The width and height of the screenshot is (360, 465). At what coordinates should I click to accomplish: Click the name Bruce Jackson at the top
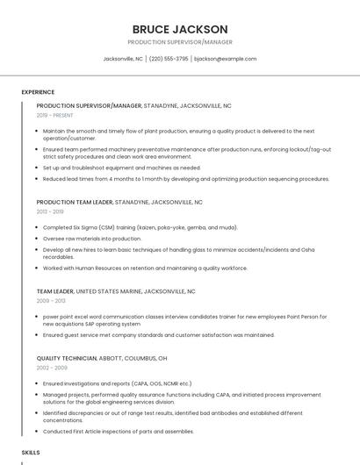pyautogui.click(x=180, y=29)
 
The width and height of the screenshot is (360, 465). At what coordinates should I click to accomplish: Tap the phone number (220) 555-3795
pyautogui.click(x=168, y=59)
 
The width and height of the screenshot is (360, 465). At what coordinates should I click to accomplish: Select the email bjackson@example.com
pyautogui.click(x=225, y=59)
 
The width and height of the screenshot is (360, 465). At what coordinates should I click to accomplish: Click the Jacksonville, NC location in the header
pyautogui.click(x=123, y=59)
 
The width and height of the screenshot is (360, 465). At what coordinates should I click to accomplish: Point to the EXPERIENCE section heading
pyautogui.click(x=38, y=92)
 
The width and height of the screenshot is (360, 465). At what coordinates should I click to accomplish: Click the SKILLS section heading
pyautogui.click(x=31, y=452)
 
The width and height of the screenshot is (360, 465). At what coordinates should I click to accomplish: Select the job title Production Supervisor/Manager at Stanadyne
pyautogui.click(x=89, y=105)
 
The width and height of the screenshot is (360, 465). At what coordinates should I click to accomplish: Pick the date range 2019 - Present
pyautogui.click(x=55, y=116)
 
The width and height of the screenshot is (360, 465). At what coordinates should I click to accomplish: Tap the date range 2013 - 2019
pyautogui.click(x=50, y=212)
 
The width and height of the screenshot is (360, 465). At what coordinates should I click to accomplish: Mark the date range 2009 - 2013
pyautogui.click(x=51, y=301)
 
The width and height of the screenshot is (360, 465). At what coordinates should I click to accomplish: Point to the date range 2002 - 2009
pyautogui.click(x=51, y=369)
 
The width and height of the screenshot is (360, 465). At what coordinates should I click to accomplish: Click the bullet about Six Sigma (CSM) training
pyautogui.click(x=140, y=227)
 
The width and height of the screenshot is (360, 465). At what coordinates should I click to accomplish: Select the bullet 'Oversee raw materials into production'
pyautogui.click(x=92, y=239)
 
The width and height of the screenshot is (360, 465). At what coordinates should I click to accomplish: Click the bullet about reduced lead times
pyautogui.click(x=185, y=179)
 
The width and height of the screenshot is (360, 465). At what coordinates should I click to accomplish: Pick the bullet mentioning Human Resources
pyautogui.click(x=145, y=268)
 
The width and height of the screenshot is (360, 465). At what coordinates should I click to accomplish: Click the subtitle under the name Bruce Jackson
pyautogui.click(x=180, y=42)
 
